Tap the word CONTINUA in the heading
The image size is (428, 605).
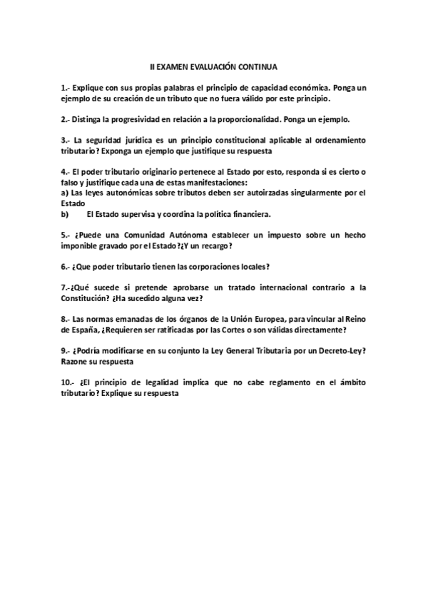click(256, 65)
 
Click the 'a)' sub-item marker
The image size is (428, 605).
click(64, 193)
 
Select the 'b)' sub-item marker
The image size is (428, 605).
click(64, 213)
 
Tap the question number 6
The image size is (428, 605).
click(65, 266)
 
